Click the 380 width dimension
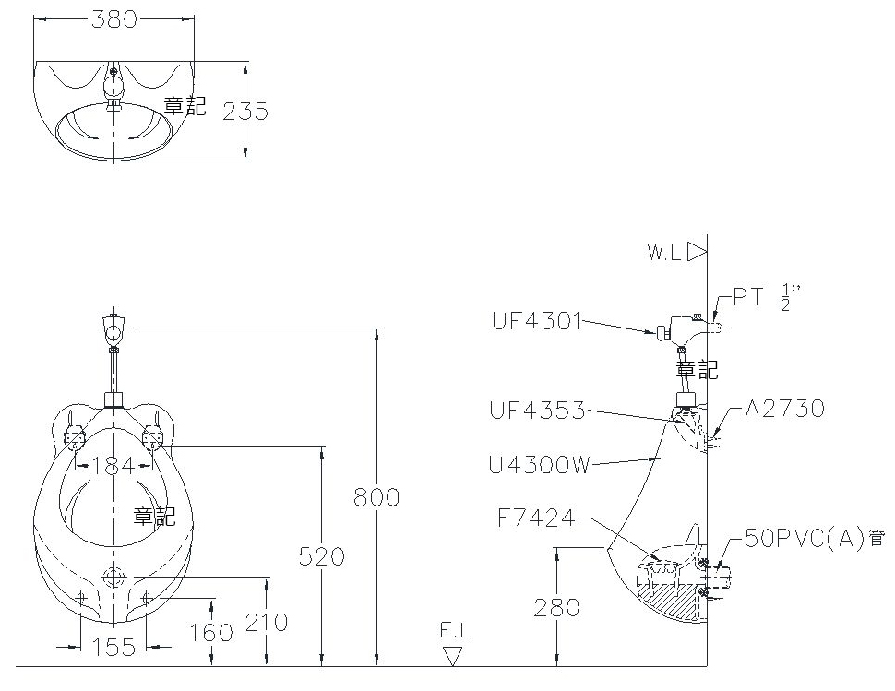[114, 19]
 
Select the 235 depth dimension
[245, 112]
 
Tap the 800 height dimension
[376, 497]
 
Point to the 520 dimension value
[322, 556]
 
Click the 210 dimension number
[267, 622]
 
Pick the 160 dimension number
[211, 632]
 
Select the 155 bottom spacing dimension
[113, 647]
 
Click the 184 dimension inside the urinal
[113, 466]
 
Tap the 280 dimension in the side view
[556, 608]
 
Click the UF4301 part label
[537, 321]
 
